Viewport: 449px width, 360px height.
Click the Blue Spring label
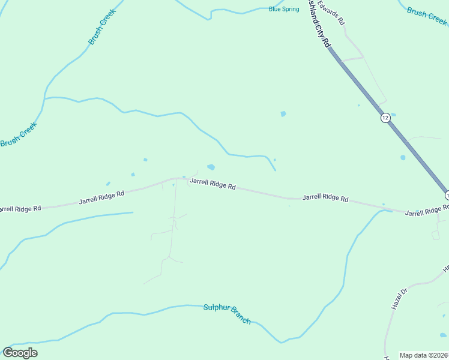click(284, 9)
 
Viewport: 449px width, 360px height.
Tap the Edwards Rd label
click(332, 13)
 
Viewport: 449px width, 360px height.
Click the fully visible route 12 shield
click(385, 118)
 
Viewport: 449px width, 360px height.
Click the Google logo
click(20, 353)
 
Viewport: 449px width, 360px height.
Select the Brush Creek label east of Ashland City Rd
click(427, 16)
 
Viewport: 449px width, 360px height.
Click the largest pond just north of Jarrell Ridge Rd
click(211, 167)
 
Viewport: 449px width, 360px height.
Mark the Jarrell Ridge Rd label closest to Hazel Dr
click(426, 211)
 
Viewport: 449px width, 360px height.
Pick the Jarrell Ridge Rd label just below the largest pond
click(212, 184)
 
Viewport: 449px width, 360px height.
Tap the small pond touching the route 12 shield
click(393, 115)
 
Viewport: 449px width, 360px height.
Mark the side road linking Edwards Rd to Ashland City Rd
click(352, 59)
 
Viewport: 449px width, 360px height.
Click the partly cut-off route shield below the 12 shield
click(447, 195)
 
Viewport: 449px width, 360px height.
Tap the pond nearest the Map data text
click(443, 335)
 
